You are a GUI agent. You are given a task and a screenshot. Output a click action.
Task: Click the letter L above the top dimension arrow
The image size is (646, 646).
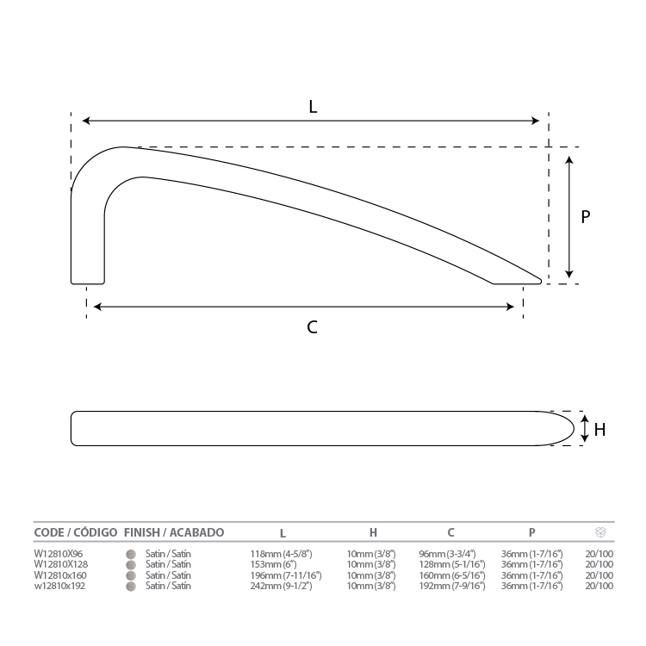point(313,107)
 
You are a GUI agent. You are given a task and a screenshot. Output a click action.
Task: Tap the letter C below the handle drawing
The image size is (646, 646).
point(313,327)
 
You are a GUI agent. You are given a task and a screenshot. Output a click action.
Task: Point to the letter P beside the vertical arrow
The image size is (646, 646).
point(585,217)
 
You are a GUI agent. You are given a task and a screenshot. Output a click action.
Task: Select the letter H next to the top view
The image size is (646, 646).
point(599,430)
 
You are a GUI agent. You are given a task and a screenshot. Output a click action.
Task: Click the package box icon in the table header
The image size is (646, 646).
point(600,532)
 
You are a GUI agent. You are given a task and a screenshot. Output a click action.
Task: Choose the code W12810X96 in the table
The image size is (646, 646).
point(59,554)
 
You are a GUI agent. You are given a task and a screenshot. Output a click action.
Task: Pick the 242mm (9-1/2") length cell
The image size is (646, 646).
point(281,586)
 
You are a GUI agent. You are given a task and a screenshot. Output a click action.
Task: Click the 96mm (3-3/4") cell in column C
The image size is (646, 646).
point(447,554)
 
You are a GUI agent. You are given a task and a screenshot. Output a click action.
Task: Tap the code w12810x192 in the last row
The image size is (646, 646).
point(59,586)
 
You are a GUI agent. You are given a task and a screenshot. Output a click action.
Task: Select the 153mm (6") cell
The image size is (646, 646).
point(274,564)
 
